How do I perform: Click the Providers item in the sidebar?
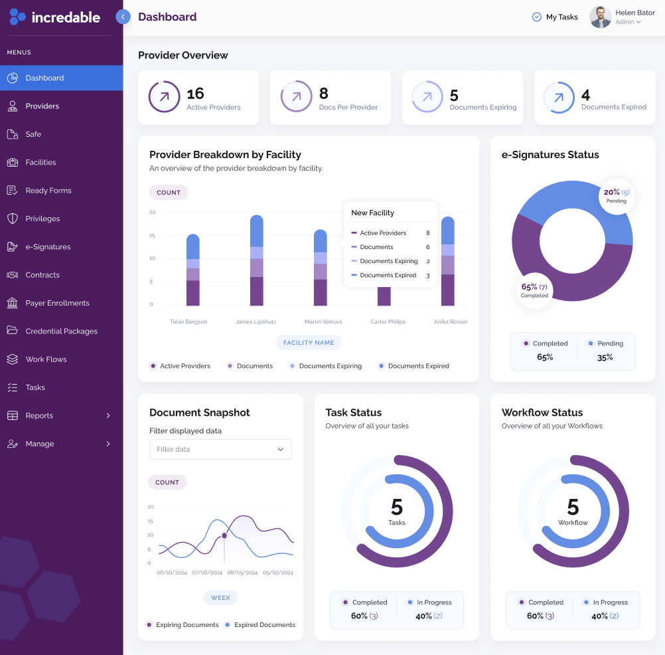[42, 106]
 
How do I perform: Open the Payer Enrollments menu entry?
[57, 303]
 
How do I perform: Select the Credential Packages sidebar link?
[61, 331]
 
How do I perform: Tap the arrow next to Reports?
[108, 416]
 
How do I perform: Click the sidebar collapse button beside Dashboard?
[123, 17]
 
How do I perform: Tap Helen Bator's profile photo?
[600, 17]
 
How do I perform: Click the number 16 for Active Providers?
[195, 94]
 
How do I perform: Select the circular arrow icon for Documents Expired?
[559, 98]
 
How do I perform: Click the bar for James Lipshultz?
[256, 260]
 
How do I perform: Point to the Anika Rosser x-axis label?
[451, 322]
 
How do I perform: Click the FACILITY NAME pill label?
[309, 343]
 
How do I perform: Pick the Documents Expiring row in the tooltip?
[389, 261]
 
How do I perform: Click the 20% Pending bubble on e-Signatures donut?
[616, 195]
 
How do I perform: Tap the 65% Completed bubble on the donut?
[534, 290]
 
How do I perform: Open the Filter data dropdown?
[220, 449]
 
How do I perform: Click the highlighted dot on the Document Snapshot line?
[224, 535]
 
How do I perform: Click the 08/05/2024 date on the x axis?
[242, 573]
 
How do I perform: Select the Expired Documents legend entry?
[263, 625]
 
